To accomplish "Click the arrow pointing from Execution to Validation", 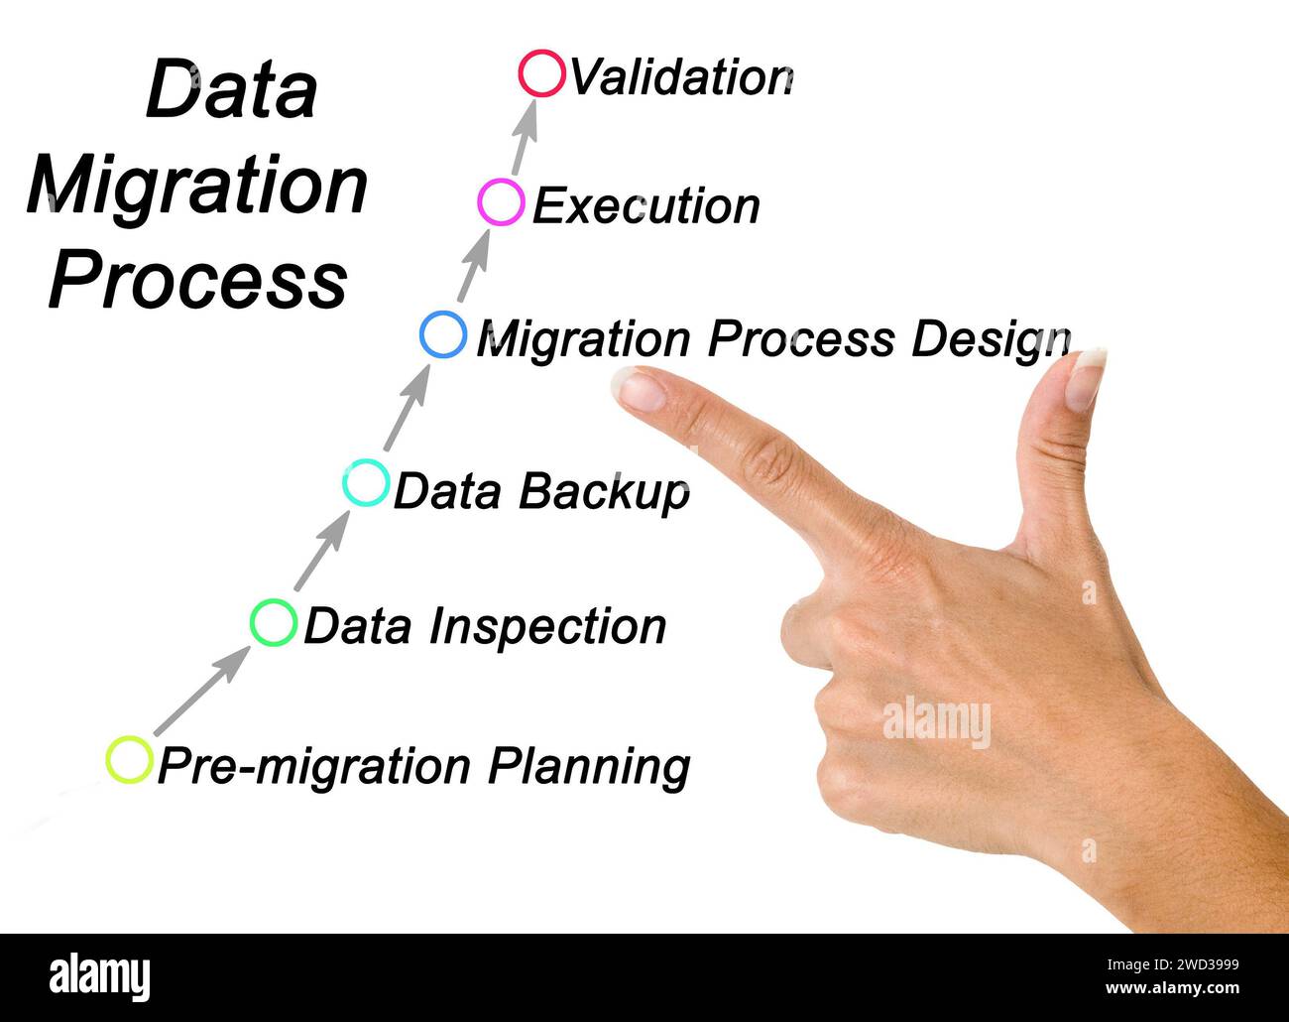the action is click(x=525, y=138).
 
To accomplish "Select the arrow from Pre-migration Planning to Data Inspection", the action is click(x=202, y=690).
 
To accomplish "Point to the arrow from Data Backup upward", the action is click(x=408, y=408).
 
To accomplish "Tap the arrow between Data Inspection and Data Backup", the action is click(x=322, y=551).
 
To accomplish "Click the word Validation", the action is click(x=681, y=76).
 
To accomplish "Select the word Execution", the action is click(x=646, y=205).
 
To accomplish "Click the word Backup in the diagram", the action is click(x=605, y=493).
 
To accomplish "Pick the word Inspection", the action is click(x=547, y=627).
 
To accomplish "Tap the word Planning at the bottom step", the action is click(x=589, y=767).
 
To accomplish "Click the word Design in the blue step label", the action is click(x=991, y=340).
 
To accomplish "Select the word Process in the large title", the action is click(x=198, y=280).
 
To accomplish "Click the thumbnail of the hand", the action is click(x=1086, y=381).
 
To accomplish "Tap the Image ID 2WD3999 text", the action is click(x=1172, y=964).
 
